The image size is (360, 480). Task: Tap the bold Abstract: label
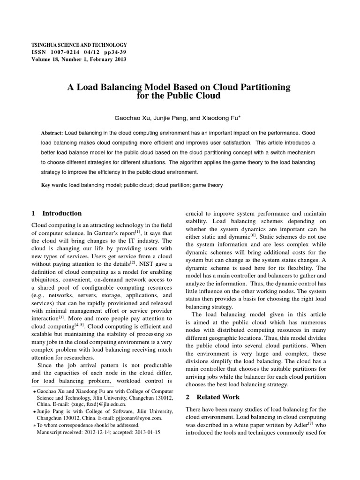coord(52,133)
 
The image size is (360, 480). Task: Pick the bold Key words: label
coord(54,185)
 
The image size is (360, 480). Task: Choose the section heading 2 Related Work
coord(213,397)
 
